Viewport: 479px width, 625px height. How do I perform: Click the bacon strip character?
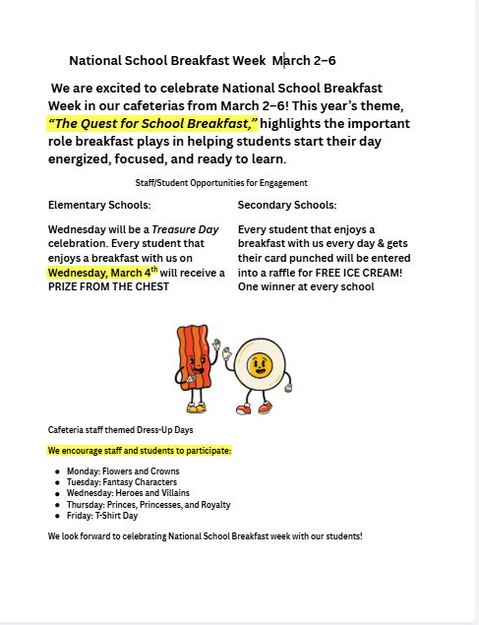coord(194,363)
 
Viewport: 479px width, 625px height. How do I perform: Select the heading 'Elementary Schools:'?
coord(99,206)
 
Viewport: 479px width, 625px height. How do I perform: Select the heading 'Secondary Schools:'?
coord(287,206)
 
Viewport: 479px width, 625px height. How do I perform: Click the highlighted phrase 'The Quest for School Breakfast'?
coord(152,124)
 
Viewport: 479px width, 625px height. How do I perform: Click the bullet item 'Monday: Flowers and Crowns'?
coord(123,471)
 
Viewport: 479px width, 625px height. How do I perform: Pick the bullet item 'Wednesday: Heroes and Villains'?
coord(128,493)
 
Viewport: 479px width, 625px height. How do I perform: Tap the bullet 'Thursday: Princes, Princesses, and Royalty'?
coord(149,504)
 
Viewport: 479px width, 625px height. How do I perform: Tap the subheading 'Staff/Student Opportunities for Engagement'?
coord(221,183)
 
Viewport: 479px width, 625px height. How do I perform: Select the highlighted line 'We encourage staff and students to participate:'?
coord(140,451)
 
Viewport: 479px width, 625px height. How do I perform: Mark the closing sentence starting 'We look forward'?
coord(205,536)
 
